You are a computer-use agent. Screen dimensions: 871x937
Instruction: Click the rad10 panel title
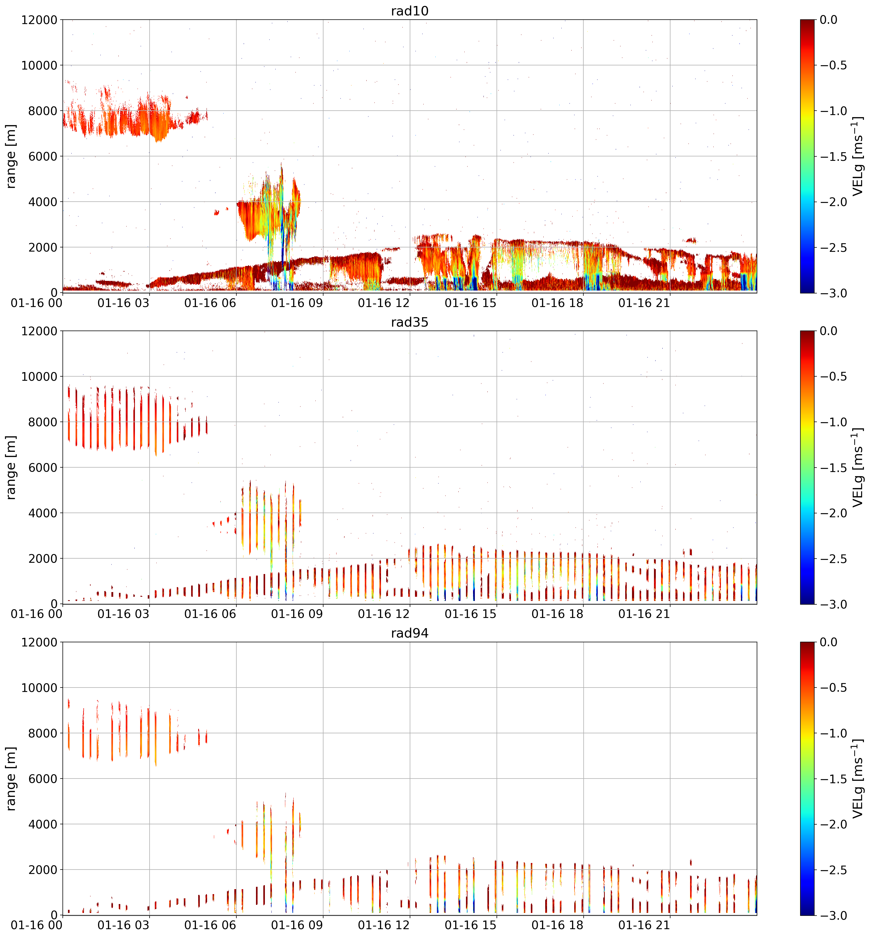coord(409,11)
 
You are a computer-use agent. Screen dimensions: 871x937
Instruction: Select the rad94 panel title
coord(409,633)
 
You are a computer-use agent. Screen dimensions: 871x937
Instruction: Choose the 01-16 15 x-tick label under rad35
coord(470,614)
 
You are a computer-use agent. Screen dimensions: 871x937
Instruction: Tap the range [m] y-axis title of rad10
coord(11,156)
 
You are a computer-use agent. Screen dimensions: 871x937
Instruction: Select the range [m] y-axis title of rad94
coord(11,778)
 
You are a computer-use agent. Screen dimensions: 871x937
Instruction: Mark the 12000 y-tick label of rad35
coord(39,331)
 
